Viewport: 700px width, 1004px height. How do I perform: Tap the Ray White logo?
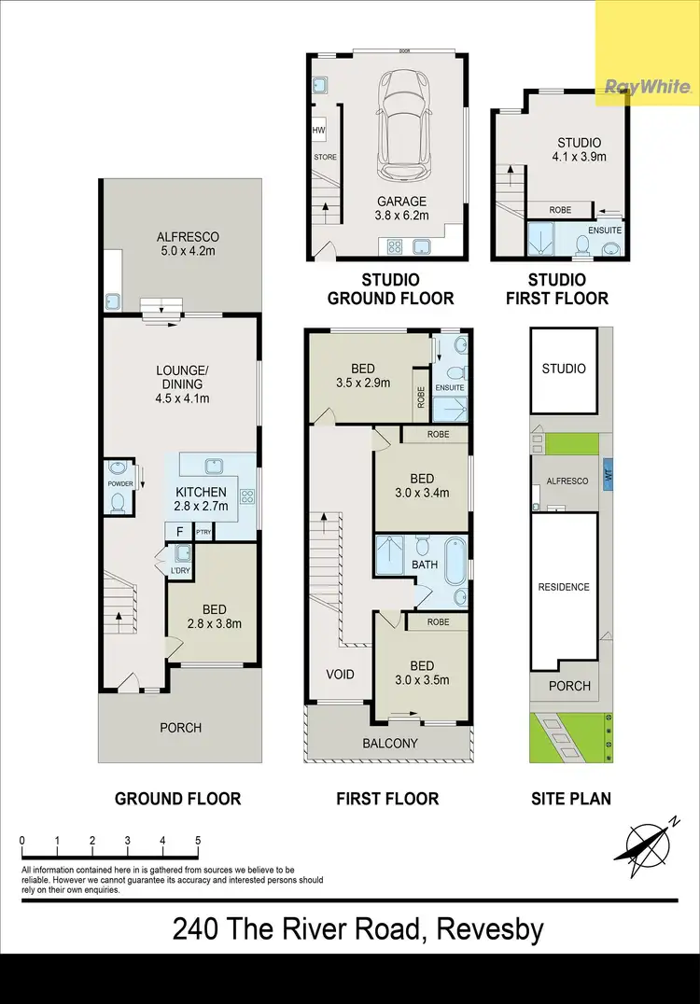tap(648, 88)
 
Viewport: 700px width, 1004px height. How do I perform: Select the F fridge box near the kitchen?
tap(178, 532)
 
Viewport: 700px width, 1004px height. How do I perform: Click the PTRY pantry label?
tap(203, 532)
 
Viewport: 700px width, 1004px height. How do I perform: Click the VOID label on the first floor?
tap(340, 673)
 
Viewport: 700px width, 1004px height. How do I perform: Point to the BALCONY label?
tap(390, 744)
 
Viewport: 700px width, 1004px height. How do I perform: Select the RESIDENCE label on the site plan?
tap(564, 587)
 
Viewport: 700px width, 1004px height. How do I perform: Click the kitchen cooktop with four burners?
tap(247, 496)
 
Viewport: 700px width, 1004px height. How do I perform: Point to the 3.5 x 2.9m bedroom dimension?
tap(363, 383)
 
